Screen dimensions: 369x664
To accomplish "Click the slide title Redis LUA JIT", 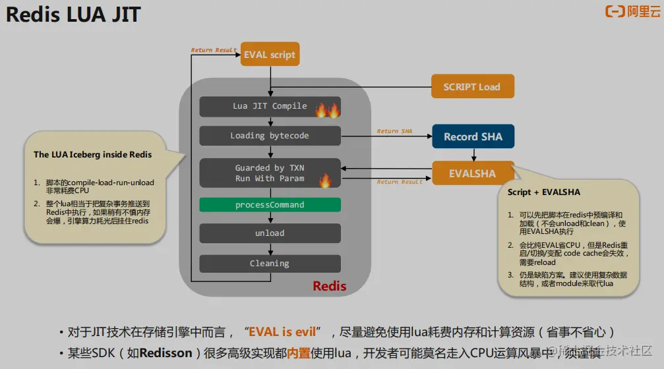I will pos(73,14).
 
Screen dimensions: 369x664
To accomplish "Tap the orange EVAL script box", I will pos(270,55).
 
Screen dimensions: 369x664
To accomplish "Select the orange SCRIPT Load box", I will pos(471,87).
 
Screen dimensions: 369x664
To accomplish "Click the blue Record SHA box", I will pos(473,137).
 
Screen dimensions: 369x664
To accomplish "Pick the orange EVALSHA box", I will pos(472,174).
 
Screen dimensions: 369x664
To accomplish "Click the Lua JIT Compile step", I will pos(270,106).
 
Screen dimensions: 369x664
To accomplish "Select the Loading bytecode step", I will pos(270,136).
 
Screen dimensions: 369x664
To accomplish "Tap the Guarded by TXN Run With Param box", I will pos(270,173).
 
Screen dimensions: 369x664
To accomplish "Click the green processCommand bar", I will pos(270,205).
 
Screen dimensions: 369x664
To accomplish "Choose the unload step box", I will pos(270,233).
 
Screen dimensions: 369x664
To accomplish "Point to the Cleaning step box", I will pos(270,264).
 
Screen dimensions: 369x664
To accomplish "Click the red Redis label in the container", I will pos(329,287).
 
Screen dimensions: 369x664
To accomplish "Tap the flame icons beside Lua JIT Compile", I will pos(326,109).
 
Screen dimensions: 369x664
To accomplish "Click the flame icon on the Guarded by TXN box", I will pos(324,180).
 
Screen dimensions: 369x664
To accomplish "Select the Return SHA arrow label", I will pos(394,131).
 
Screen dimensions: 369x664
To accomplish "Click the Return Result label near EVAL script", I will pos(214,50).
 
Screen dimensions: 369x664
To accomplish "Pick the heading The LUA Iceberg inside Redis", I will pos(93,155).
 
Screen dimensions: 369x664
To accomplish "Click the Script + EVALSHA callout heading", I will pos(544,192).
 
